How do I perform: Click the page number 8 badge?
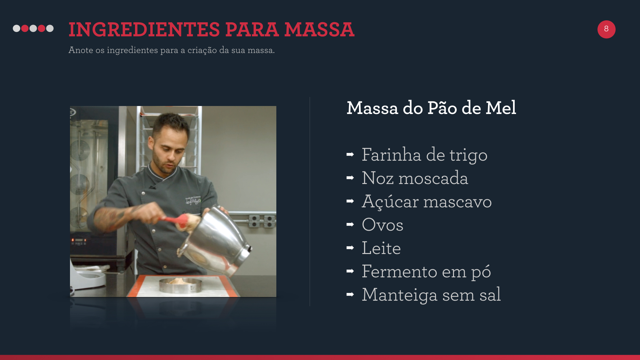click(606, 29)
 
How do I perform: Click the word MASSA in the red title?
click(319, 29)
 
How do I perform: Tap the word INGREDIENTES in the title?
click(144, 29)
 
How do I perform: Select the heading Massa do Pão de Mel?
click(431, 108)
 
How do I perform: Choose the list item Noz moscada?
click(415, 178)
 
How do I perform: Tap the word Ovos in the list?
click(383, 225)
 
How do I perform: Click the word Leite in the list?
click(381, 248)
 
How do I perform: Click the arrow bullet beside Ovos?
click(350, 224)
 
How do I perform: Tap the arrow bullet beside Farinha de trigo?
click(350, 154)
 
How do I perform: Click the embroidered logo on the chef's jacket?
click(193, 201)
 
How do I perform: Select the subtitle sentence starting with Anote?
click(172, 50)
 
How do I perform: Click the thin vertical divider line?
click(310, 201)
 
